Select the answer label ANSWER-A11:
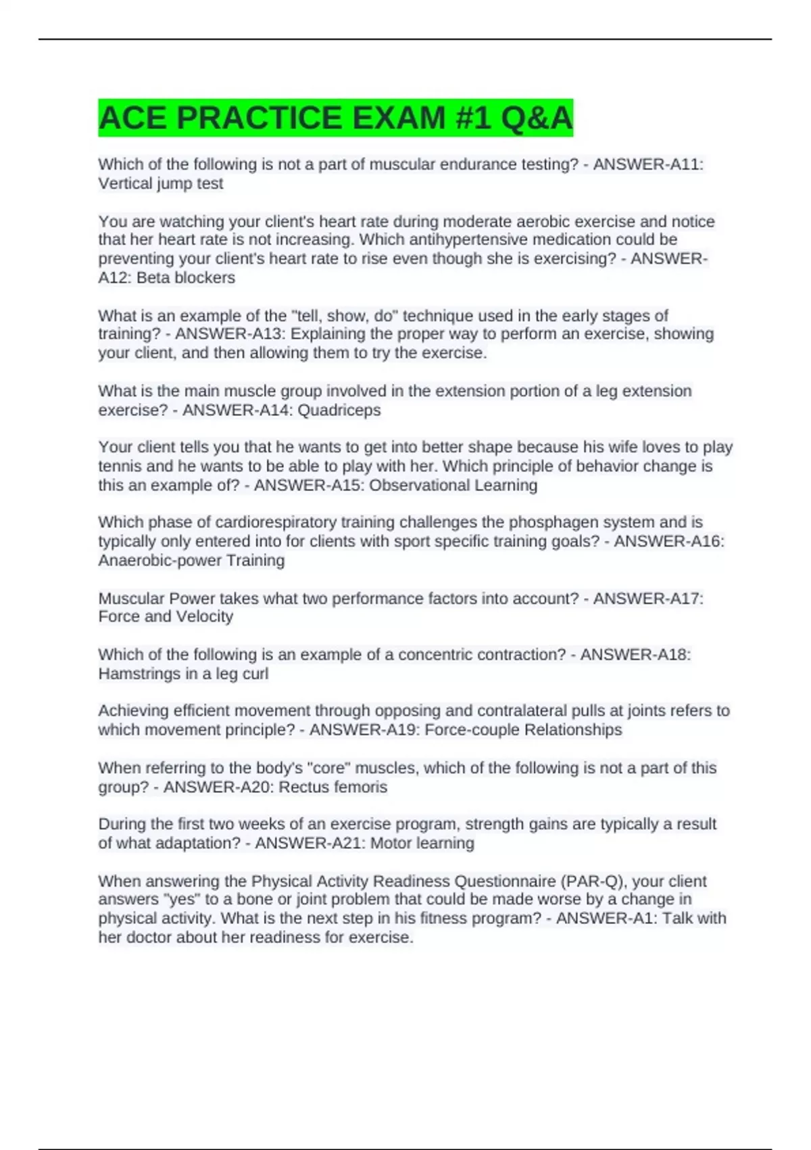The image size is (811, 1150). pyautogui.click(x=648, y=164)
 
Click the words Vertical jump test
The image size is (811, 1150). pyautogui.click(x=161, y=183)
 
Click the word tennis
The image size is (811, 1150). pyautogui.click(x=120, y=466)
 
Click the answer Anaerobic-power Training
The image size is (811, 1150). pyautogui.click(x=191, y=560)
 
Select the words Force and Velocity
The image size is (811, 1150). pyautogui.click(x=166, y=616)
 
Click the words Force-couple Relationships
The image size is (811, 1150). pyautogui.click(x=523, y=730)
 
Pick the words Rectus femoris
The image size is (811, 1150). pyautogui.click(x=333, y=787)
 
